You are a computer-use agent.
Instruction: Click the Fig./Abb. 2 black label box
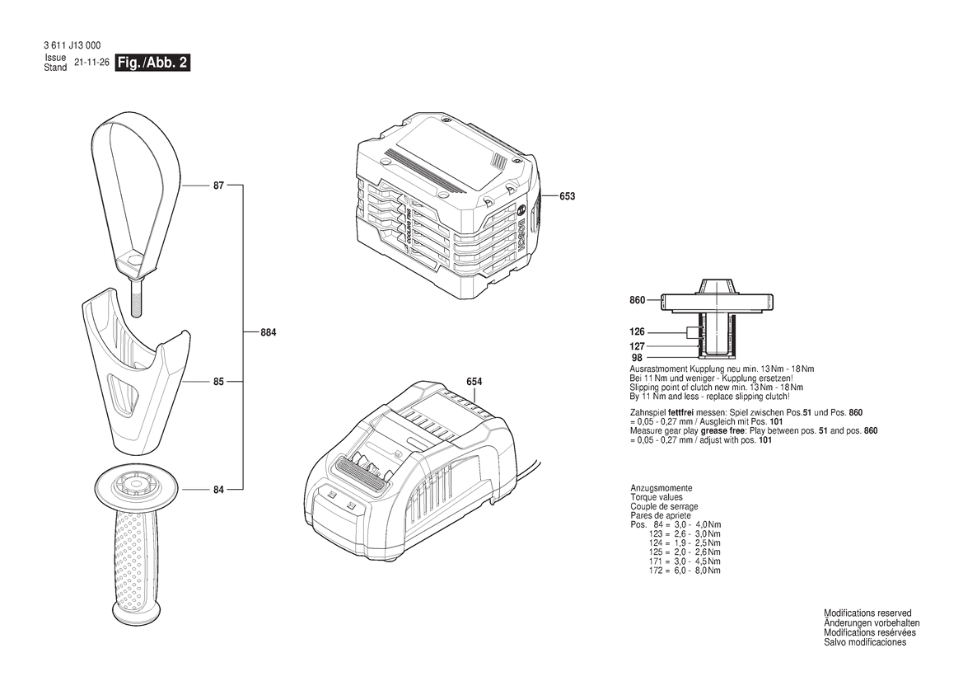[153, 63]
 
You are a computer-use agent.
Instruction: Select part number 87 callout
[218, 186]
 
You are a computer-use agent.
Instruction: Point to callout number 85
[218, 383]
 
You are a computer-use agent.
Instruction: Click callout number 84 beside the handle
[218, 491]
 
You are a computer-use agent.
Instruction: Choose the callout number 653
[567, 196]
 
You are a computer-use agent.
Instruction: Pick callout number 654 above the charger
[474, 382]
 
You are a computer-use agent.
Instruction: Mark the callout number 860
[637, 301]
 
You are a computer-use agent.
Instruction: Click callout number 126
[637, 331]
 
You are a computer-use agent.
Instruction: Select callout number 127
[637, 346]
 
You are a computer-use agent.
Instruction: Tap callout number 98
[637, 358]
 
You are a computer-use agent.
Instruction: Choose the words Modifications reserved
[867, 613]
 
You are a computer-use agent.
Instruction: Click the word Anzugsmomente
[661, 488]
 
